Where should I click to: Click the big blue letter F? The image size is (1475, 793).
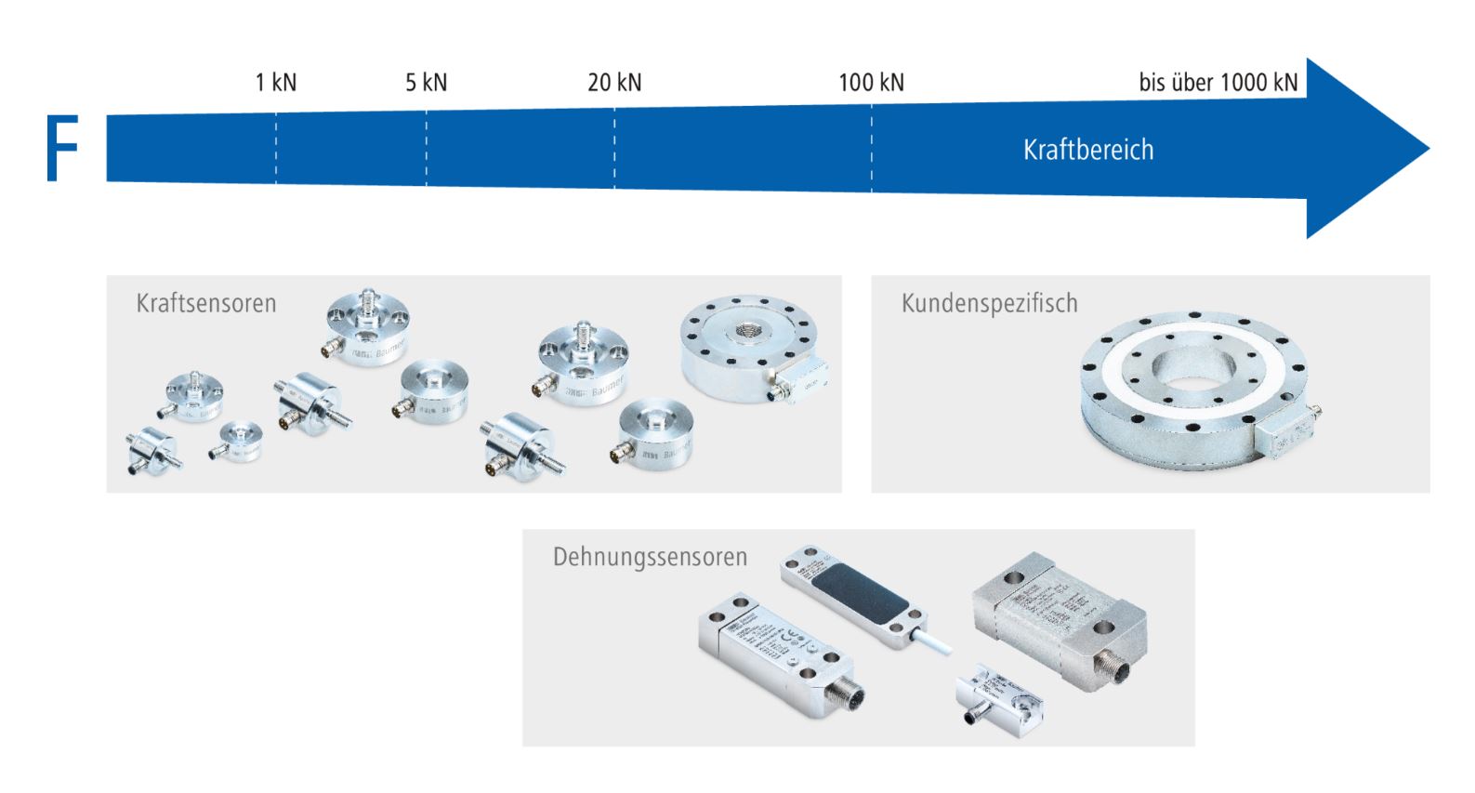pyautogui.click(x=61, y=149)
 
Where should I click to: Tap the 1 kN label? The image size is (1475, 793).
pyautogui.click(x=276, y=82)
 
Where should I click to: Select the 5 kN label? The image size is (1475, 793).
pyautogui.click(x=426, y=82)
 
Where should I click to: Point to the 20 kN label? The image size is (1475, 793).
pyautogui.click(x=614, y=82)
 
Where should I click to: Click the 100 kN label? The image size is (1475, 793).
pyautogui.click(x=871, y=82)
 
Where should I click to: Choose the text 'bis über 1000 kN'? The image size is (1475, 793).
pyautogui.click(x=1218, y=82)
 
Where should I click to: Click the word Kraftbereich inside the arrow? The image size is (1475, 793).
pyautogui.click(x=1087, y=150)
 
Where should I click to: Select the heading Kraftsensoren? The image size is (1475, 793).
pyautogui.click(x=206, y=303)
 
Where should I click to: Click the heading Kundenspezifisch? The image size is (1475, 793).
pyautogui.click(x=989, y=303)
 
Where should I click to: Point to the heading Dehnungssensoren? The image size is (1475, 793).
pyautogui.click(x=650, y=557)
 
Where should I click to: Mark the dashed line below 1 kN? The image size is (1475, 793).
pyautogui.click(x=276, y=149)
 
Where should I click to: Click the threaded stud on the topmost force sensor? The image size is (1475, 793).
pyautogui.click(x=369, y=299)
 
